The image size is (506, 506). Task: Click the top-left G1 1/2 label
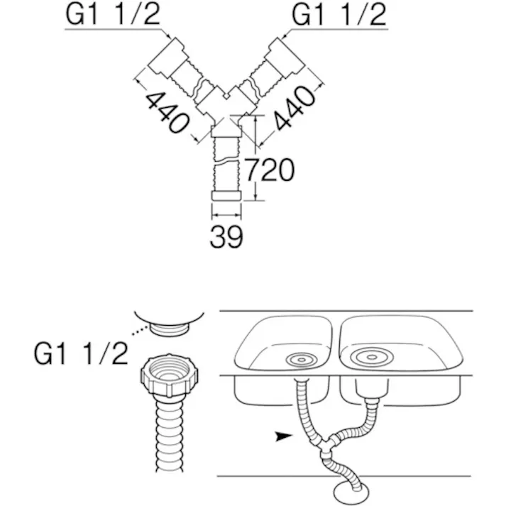point(113,14)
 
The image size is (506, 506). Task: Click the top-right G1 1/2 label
point(339,14)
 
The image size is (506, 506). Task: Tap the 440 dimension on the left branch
point(167,112)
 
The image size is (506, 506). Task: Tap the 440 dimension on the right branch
point(295,108)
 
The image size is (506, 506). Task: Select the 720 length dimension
point(270,170)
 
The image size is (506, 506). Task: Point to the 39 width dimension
point(226,236)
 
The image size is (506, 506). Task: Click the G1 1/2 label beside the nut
point(81,354)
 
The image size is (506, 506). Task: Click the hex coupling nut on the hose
point(170,375)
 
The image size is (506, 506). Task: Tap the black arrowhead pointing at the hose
point(284,436)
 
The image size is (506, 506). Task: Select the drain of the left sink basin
point(302,360)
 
